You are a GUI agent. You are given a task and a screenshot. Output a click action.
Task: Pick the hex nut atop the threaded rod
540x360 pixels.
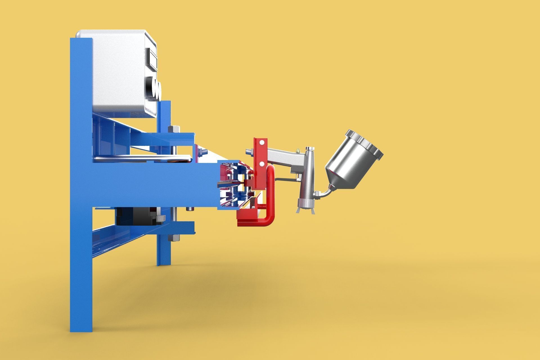click(x=174, y=129)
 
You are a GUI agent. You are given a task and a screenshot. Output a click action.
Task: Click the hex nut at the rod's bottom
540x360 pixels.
click(x=174, y=238)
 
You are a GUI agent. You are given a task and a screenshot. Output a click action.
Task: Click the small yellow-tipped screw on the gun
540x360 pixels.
click(x=297, y=150)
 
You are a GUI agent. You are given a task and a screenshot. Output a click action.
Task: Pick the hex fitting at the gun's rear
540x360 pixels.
click(x=249, y=152)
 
